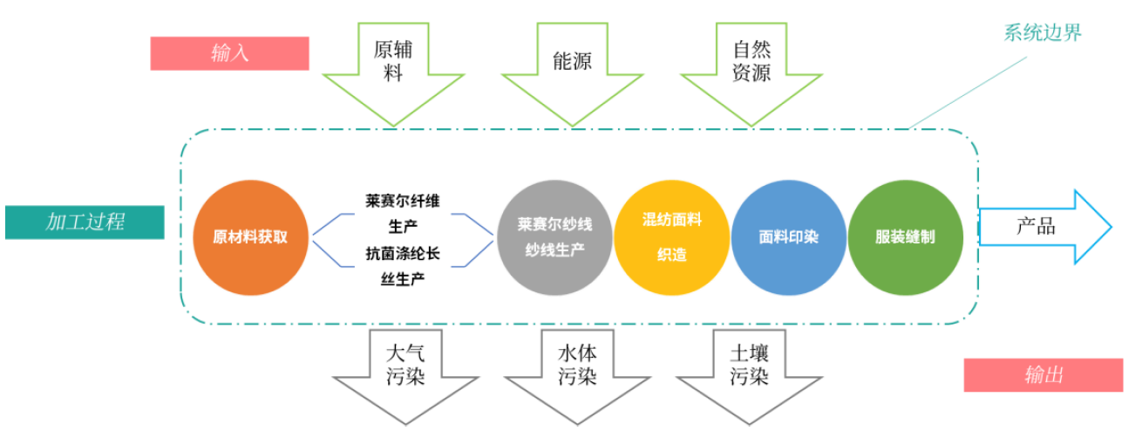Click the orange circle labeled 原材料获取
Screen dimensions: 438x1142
pyautogui.click(x=250, y=236)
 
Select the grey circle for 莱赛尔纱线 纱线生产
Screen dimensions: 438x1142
pyautogui.click(x=554, y=236)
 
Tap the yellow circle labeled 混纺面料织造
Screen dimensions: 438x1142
pyautogui.click(x=671, y=236)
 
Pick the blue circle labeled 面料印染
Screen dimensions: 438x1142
pyautogui.click(x=788, y=236)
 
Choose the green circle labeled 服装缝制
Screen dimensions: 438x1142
pyautogui.click(x=905, y=236)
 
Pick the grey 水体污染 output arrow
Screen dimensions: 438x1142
pyautogui.click(x=576, y=371)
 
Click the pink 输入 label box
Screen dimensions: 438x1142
pyautogui.click(x=230, y=52)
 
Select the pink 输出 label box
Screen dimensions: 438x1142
pyautogui.click(x=1043, y=375)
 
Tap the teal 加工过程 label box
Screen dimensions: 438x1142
pyautogui.click(x=85, y=222)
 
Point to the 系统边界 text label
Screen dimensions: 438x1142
pyautogui.click(x=1043, y=33)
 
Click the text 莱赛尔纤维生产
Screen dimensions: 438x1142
pyautogui.click(x=403, y=213)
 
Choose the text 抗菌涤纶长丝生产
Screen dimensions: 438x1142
pyautogui.click(x=403, y=267)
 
